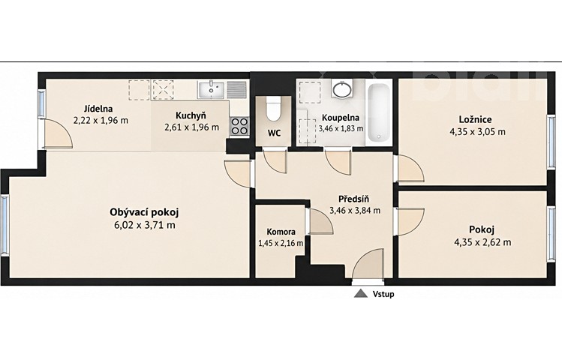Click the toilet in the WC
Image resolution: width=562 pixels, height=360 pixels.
click(x=273, y=109)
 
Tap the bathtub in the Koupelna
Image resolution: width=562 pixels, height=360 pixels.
click(x=379, y=112)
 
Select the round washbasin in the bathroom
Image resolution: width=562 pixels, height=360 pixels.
click(x=342, y=88)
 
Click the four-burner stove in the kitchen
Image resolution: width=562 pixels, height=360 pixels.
click(x=239, y=126)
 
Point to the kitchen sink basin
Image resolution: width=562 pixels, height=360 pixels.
click(x=211, y=89)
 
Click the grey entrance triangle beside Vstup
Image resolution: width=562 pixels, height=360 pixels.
click(x=361, y=294)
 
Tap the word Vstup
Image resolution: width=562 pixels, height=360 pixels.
click(x=383, y=294)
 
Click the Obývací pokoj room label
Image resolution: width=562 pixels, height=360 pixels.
click(x=144, y=212)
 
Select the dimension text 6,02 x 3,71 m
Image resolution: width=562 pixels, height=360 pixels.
click(x=144, y=225)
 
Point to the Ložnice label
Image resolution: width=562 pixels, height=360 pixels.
click(x=475, y=119)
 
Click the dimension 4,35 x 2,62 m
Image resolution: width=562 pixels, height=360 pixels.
click(x=482, y=242)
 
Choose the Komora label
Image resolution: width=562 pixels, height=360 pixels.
click(x=281, y=232)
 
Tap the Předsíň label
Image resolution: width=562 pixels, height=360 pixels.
click(x=353, y=199)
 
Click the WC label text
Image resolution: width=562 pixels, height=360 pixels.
click(x=274, y=133)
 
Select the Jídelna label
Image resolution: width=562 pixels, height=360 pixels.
click(x=98, y=109)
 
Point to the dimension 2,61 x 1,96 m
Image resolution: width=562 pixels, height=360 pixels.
click(x=191, y=127)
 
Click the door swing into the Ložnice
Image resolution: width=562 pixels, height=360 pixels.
click(x=410, y=168)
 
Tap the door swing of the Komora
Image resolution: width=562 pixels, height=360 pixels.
click(x=321, y=221)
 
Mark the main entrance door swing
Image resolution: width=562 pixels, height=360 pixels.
click(x=368, y=263)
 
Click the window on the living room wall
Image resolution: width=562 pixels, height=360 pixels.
click(x=5, y=224)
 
